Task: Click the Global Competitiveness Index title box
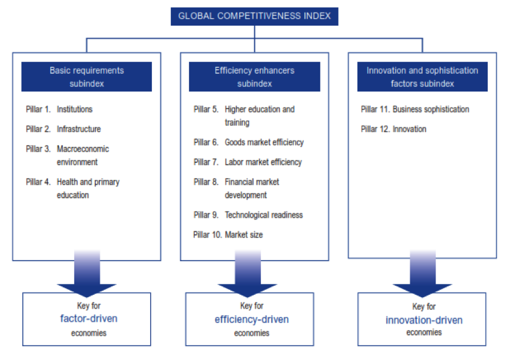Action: pos(254,16)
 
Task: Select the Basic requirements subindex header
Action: pos(86,77)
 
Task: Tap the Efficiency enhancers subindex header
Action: pos(254,77)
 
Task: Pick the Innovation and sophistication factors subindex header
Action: pos(422,77)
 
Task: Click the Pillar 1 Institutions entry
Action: pos(59,110)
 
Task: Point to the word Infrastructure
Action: pos(79,129)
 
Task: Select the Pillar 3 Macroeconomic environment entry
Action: pos(67,155)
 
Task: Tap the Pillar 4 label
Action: pos(38,182)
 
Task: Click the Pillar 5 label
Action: pos(206,110)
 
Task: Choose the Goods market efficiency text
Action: pos(264,142)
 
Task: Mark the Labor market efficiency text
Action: pos(263,162)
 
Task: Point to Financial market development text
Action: pos(252,189)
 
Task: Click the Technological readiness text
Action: pos(264,215)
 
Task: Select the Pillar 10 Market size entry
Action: pos(228,235)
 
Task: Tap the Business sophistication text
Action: pos(431,110)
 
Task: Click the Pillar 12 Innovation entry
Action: pos(393,129)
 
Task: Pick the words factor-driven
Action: pos(89,319)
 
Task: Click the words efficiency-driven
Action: pos(252,319)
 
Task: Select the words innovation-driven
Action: pos(424,321)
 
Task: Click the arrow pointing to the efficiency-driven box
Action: pos(247,273)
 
